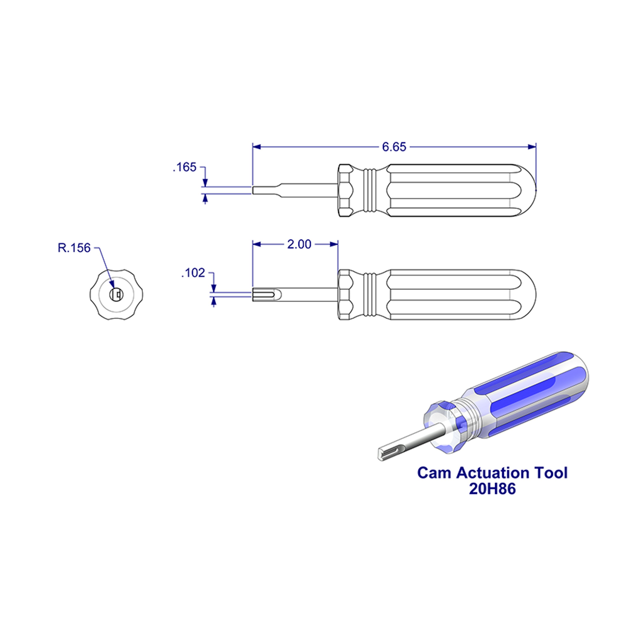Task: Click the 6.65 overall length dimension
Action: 394,147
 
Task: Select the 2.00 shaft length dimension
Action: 299,244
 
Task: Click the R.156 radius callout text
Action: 74,248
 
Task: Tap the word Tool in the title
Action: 551,473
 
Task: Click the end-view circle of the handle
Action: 116,294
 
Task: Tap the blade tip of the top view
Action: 254,190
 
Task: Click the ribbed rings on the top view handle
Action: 370,190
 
